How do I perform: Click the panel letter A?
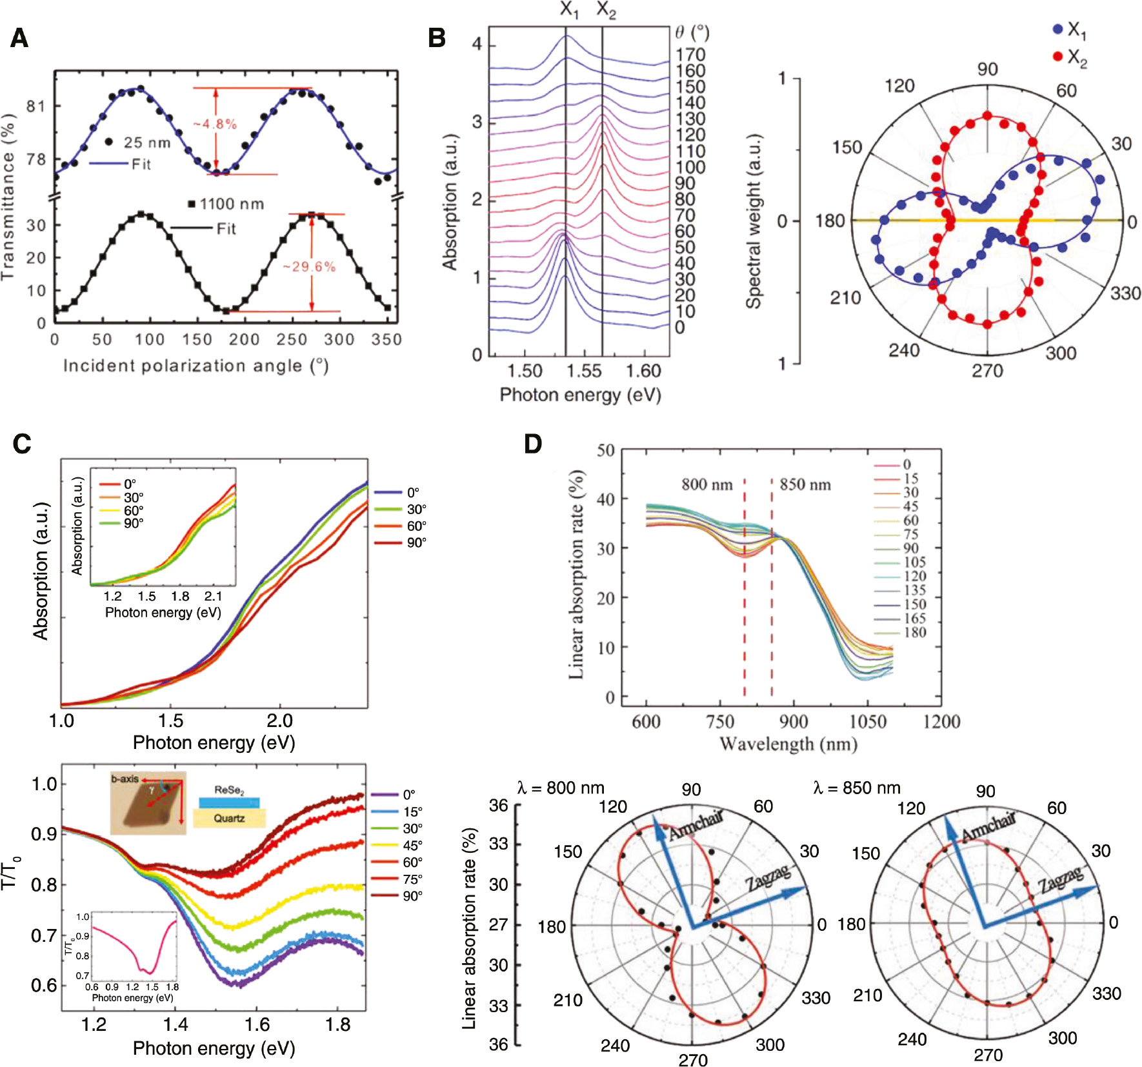click(19, 38)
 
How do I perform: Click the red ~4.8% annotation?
click(215, 124)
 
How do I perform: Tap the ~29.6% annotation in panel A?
click(309, 266)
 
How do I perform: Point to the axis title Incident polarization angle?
click(195, 366)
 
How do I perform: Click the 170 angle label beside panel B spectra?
click(690, 55)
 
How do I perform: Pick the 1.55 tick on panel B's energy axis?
click(584, 371)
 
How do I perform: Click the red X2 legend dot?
click(1057, 57)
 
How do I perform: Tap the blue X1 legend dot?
click(1057, 29)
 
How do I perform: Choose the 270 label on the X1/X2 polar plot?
click(988, 371)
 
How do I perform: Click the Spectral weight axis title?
click(754, 221)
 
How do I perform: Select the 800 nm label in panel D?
click(707, 484)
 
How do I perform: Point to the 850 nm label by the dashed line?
click(805, 484)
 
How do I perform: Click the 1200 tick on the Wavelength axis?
click(941, 721)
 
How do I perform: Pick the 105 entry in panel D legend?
click(914, 562)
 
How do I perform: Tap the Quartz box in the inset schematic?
click(229, 819)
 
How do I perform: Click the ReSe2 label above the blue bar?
click(229, 790)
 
